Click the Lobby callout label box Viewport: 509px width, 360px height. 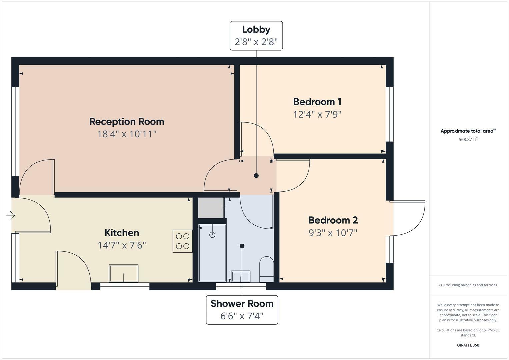point(256,36)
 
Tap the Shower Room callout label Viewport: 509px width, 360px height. point(242,310)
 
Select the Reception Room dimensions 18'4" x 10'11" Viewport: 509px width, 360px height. point(127,134)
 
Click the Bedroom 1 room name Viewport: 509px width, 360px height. point(317,102)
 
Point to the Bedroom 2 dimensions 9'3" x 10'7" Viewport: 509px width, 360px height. point(333,233)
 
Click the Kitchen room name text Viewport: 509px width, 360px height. point(122,233)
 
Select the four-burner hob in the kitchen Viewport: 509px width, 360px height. point(182,241)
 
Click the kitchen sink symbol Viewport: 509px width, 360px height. point(123,273)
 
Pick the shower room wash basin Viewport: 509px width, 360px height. point(241,276)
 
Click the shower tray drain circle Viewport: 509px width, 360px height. point(212,235)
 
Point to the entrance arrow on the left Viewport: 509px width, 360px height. point(11,215)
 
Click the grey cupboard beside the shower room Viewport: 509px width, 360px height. point(211,208)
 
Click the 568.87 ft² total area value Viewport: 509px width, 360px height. point(468,140)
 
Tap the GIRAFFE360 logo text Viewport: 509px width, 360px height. point(468,345)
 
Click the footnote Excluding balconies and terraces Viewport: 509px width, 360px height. point(468,285)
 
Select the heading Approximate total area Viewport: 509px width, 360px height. point(468,131)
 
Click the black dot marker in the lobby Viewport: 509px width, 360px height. point(256,176)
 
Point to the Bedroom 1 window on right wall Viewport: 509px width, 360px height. point(390,114)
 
